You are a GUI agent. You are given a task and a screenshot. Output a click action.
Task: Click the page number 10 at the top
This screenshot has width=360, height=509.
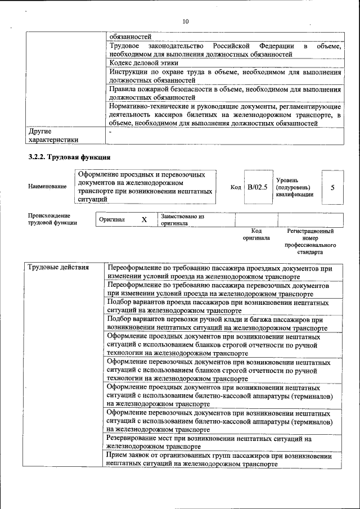186,21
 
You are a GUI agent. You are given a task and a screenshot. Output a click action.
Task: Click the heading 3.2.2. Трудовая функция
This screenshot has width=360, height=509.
69,157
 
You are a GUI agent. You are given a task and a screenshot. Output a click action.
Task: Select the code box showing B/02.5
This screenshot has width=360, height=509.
258,187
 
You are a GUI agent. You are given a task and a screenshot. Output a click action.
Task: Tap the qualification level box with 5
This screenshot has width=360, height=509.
332,187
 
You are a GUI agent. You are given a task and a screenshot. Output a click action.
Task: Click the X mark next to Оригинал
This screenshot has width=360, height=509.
144,219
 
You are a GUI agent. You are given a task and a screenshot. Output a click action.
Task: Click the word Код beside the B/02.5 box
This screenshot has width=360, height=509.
236,187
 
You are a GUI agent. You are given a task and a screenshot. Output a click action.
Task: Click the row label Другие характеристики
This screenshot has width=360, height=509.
53,136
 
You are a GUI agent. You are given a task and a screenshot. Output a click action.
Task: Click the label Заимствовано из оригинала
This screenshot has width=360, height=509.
182,219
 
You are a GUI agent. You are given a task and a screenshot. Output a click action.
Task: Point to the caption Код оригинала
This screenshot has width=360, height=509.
256,235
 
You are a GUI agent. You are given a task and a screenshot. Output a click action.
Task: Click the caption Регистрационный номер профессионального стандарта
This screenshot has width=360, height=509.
310,242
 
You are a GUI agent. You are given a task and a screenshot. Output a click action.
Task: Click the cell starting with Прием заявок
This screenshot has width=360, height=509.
219,460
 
